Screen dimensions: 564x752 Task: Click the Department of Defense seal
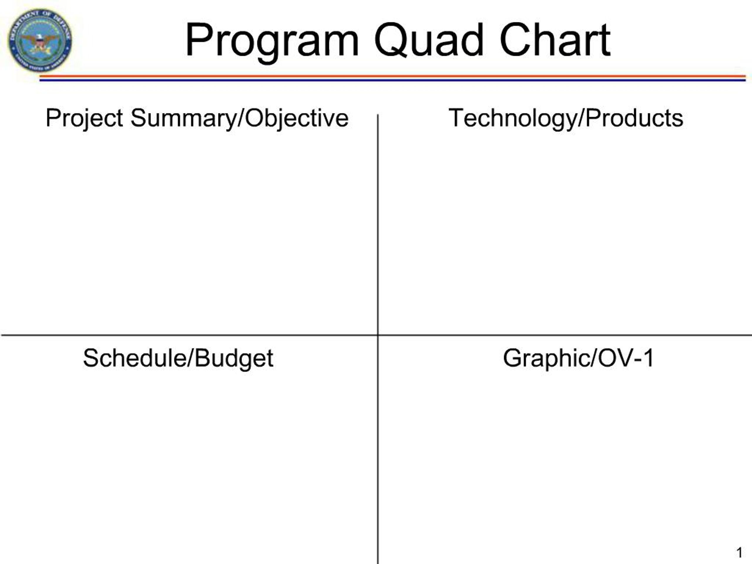[40, 40]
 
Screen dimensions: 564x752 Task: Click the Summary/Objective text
[240, 118]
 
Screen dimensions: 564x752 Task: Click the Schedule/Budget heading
[178, 358]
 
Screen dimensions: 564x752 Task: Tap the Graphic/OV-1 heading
[578, 358]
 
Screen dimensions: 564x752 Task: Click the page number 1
[739, 553]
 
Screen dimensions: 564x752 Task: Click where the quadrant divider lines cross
[378, 335]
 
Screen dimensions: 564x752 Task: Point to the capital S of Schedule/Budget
[91, 358]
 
